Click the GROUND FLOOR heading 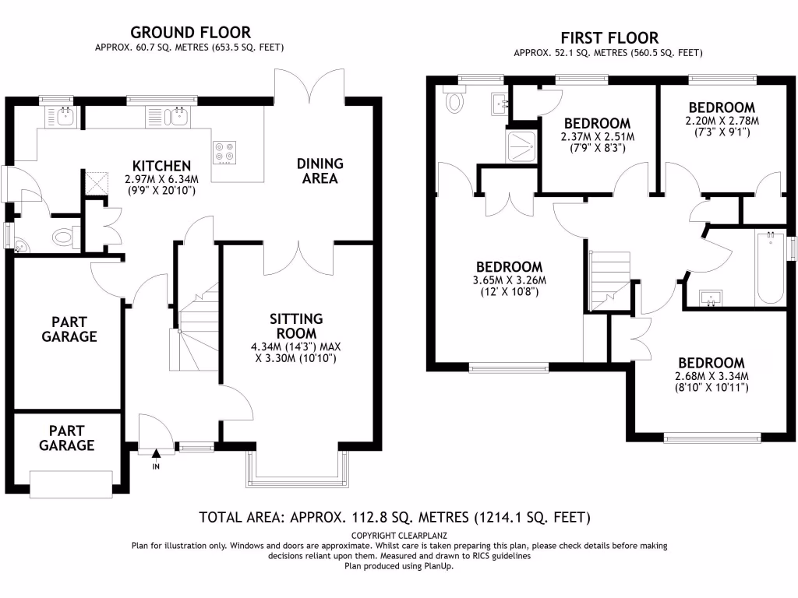(190, 33)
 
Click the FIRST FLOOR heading (609, 38)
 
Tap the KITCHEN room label (161, 166)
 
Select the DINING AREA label (320, 171)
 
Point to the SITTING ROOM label (295, 325)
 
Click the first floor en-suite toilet (453, 100)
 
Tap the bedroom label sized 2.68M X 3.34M (711, 363)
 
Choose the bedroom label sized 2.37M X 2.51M (597, 123)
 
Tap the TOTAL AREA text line (395, 517)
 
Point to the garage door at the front (70, 483)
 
